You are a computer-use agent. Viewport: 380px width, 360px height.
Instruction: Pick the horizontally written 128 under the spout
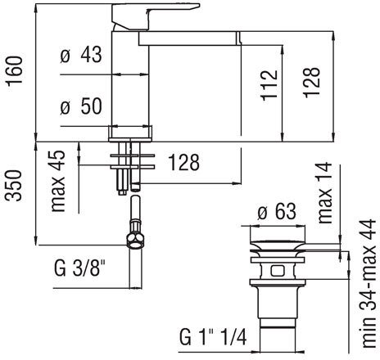[183, 164]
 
